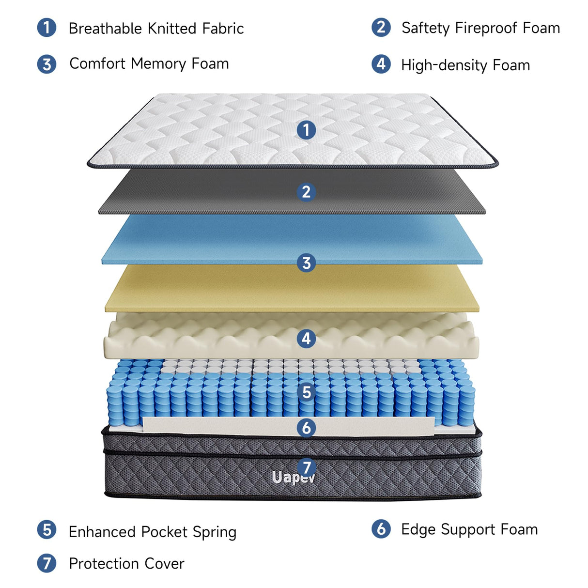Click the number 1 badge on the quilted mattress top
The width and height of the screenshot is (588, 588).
306,130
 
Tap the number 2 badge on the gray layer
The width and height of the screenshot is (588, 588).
306,192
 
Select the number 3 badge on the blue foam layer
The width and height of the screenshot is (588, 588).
306,263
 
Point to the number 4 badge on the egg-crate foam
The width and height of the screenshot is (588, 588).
306,338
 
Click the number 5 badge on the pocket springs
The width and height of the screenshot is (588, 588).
306,392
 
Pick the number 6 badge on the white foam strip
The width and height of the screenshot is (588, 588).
306,428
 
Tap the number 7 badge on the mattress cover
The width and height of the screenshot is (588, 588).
306,467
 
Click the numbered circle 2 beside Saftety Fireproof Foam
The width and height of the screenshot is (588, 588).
381,27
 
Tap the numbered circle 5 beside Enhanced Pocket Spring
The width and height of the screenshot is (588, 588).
46,530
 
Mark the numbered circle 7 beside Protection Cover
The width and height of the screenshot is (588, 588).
46,563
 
